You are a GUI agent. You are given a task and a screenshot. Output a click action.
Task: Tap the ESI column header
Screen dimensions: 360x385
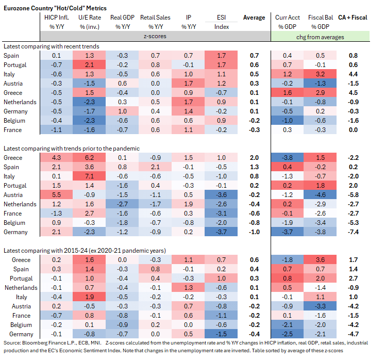223,18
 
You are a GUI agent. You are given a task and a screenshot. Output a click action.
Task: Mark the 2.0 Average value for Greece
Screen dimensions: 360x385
254,157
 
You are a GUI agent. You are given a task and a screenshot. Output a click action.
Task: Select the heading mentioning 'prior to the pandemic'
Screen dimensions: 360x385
72,148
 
